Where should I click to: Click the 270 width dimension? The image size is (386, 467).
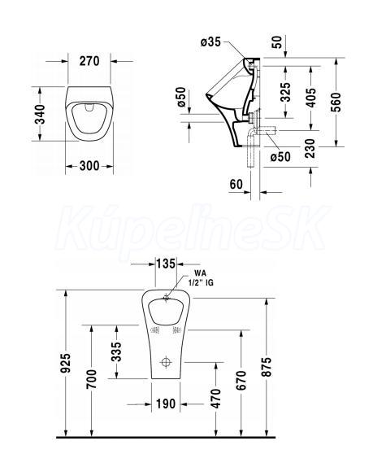click(89, 61)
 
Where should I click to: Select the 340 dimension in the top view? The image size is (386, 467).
click(40, 114)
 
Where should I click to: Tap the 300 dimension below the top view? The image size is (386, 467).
click(89, 166)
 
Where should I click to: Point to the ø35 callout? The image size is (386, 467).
click(210, 42)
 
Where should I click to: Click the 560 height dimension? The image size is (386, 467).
click(337, 103)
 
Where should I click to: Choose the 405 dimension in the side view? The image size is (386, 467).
click(311, 98)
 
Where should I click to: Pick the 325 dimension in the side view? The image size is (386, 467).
click(286, 92)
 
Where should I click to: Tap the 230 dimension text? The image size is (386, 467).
click(310, 148)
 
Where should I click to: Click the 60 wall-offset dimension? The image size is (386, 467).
click(236, 185)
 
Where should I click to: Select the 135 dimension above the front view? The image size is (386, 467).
click(166, 264)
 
